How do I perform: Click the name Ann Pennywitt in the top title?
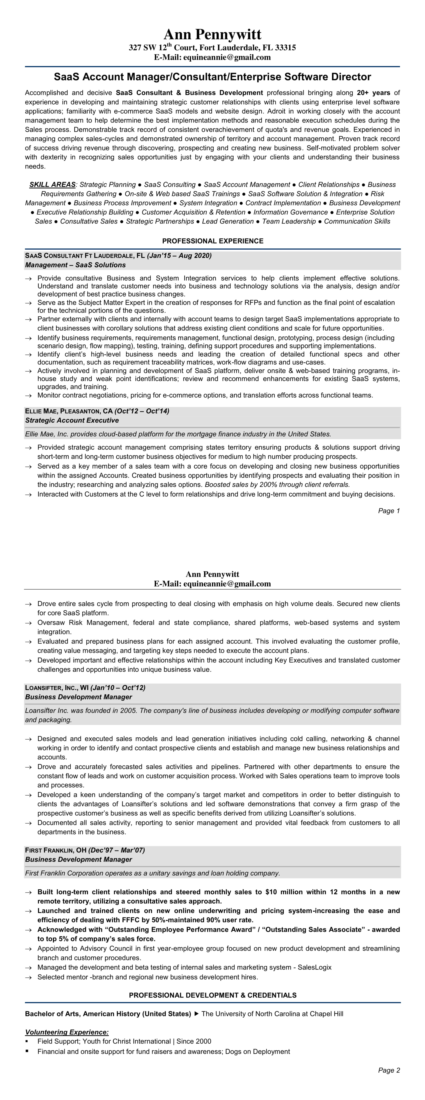(x=212, y=34)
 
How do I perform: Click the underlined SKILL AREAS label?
(x=52, y=184)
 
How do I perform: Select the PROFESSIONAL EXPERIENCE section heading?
(x=212, y=241)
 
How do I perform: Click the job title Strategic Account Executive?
(x=72, y=420)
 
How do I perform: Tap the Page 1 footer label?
(x=389, y=511)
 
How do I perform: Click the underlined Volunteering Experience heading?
(x=67, y=1032)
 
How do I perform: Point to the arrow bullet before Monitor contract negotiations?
(x=28, y=396)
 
